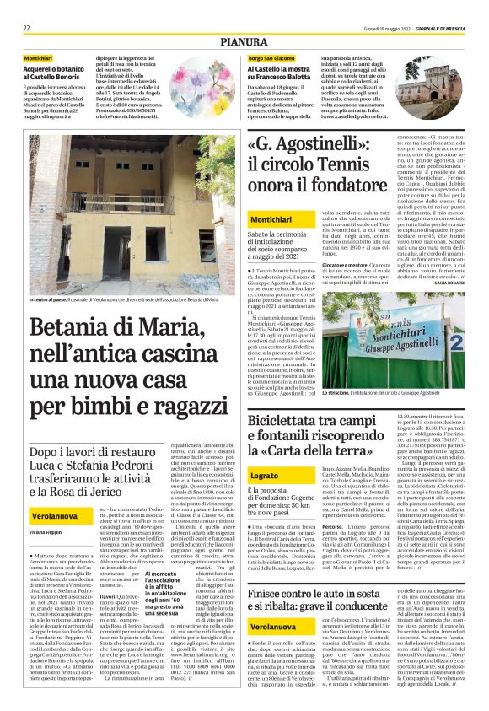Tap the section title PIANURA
[x=244, y=40]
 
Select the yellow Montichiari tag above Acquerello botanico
[x=38, y=57]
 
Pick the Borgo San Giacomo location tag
[x=271, y=57]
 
